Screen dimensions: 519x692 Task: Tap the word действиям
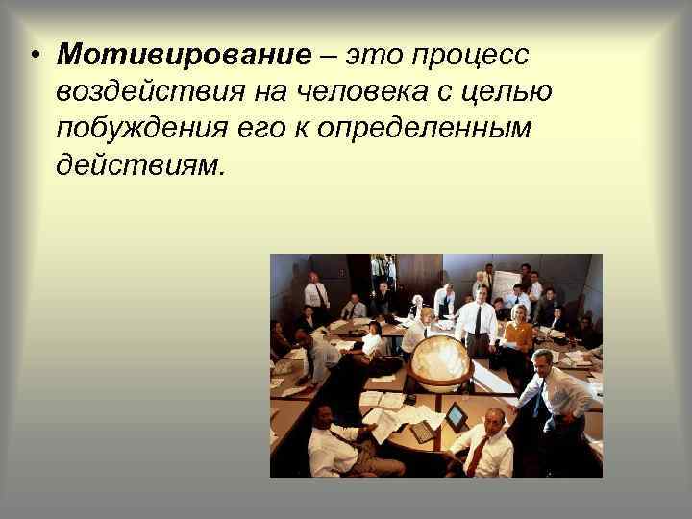pyautogui.click(x=137, y=165)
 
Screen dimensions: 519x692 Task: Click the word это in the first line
pyautogui.click(x=373, y=56)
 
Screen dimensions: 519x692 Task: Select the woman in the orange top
pyautogui.click(x=519, y=333)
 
